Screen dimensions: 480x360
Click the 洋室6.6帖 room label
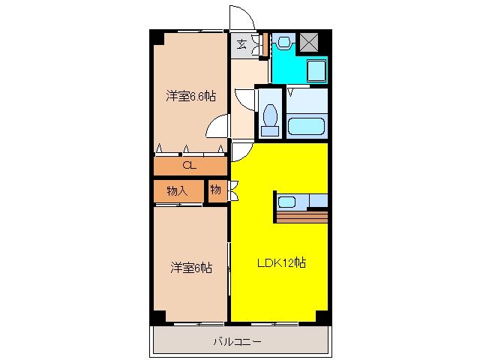[190, 96]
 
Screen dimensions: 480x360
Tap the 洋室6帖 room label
[191, 268]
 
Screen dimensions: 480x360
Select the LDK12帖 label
[281, 262]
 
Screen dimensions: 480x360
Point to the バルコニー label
[237, 341]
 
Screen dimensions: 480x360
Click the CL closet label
[189, 166]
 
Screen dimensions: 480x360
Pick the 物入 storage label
[177, 191]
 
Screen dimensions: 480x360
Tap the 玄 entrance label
[241, 45]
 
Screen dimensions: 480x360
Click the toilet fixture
[270, 120]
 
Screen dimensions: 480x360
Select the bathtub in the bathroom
[306, 126]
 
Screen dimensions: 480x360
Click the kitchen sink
[286, 202]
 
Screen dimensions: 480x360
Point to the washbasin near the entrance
[284, 41]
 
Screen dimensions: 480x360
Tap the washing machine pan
[316, 70]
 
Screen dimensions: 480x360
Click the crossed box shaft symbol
[309, 42]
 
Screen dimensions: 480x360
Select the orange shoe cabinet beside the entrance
[265, 44]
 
